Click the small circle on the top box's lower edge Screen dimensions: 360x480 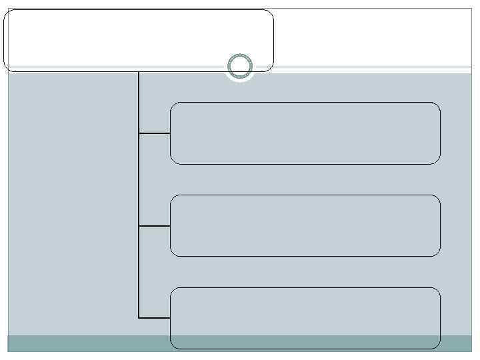[x=239, y=67]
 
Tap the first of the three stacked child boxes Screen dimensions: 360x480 [x=305, y=133]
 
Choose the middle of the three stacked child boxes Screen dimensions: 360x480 [x=305, y=225]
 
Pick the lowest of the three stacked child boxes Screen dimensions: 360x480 [x=305, y=318]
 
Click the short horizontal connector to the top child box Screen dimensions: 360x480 [x=155, y=133]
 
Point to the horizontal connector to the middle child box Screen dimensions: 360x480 [x=155, y=226]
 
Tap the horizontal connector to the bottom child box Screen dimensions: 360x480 [x=155, y=317]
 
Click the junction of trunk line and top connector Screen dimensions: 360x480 [x=139, y=133]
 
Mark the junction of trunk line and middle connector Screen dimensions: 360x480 [x=139, y=226]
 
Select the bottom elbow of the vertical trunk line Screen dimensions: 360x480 [x=139, y=317]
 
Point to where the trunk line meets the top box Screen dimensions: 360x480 [x=139, y=71]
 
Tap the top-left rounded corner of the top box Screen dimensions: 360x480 [x=8, y=13]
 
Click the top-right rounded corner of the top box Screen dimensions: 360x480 [x=269, y=13]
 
